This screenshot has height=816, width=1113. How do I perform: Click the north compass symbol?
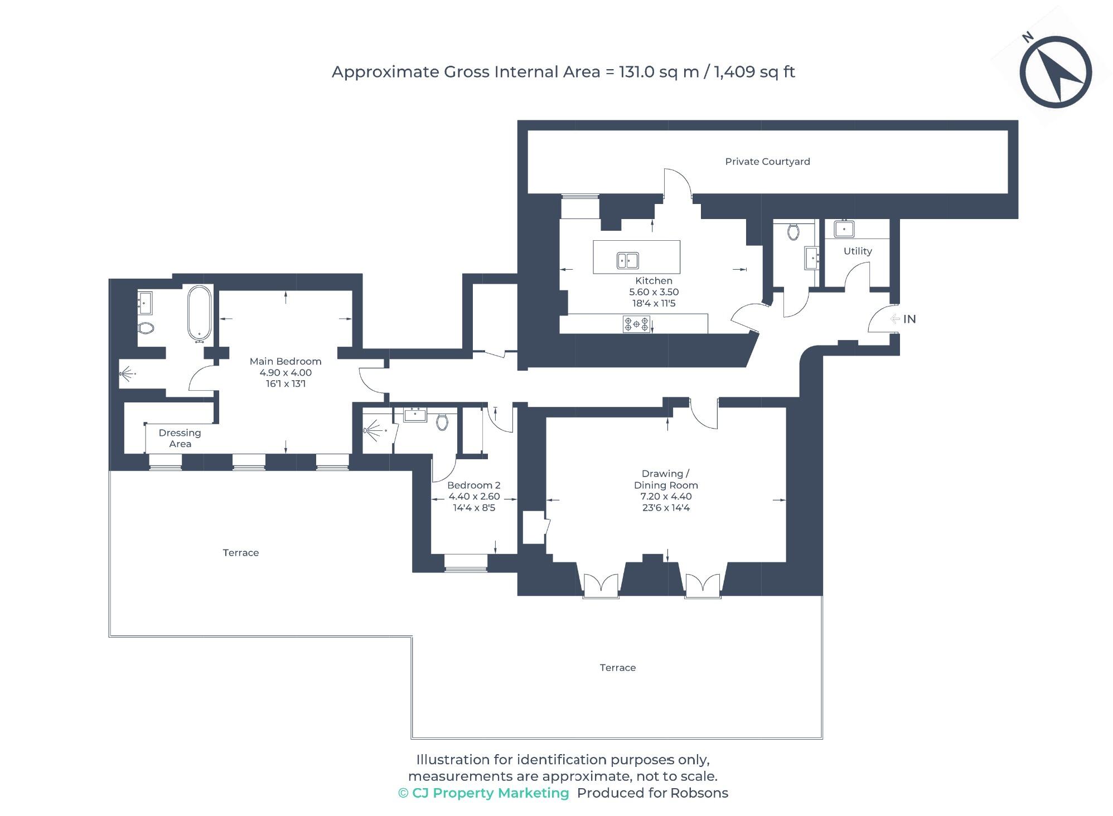coord(1055,72)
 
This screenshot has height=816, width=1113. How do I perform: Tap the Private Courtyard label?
coord(767,162)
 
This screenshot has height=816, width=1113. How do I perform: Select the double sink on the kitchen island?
coord(627,260)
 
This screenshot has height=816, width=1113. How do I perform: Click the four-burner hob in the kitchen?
coord(636,324)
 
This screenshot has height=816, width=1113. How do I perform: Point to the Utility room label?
coord(857,251)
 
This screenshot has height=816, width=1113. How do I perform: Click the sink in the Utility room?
coord(844,229)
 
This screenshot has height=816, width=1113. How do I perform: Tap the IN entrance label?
coord(909,319)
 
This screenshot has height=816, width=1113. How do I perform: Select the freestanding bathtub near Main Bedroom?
coord(199,313)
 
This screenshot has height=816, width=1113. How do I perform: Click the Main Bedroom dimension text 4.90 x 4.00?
coord(285,372)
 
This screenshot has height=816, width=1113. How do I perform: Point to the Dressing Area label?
coord(180,438)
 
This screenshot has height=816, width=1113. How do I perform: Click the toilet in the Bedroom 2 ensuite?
coord(442,421)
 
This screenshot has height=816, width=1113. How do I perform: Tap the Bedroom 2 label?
coord(473,485)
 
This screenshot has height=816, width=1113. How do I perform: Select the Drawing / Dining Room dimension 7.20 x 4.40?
coord(666,496)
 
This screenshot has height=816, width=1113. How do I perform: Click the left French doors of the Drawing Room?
coord(601,585)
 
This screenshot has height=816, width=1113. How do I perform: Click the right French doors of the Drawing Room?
coord(703,585)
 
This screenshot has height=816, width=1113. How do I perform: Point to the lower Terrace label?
coord(617,668)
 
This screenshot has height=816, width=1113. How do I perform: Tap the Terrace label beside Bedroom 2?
coord(240,553)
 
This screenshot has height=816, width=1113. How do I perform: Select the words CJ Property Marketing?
coord(490,793)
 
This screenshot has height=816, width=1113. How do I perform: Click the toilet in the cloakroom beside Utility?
coord(793,231)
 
